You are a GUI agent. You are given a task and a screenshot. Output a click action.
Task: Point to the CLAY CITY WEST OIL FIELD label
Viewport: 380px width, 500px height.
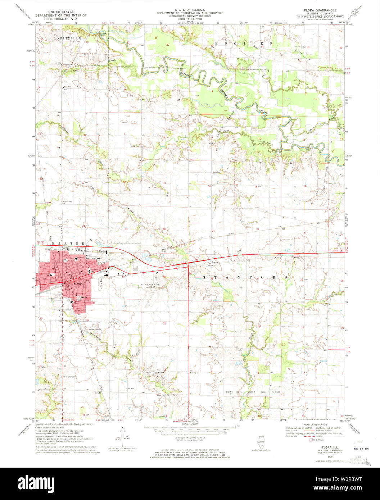click(x=253, y=392)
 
